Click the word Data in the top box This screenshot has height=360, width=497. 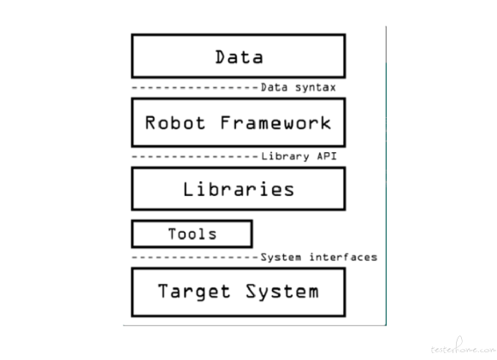click(239, 57)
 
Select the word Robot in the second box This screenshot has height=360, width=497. click(175, 123)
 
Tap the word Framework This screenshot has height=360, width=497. click(275, 123)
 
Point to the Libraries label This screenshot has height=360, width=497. click(239, 190)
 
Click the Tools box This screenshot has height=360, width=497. click(192, 234)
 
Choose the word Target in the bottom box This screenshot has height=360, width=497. click(194, 292)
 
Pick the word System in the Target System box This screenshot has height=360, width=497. click(282, 292)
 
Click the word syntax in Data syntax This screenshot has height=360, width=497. click(316, 87)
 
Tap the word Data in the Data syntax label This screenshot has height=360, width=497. click(275, 87)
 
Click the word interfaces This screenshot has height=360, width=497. click(344, 257)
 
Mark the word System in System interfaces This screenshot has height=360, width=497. click(281, 257)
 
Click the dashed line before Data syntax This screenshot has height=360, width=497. click(195, 87)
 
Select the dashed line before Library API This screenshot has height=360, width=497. click(195, 156)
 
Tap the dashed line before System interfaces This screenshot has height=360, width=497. click(195, 257)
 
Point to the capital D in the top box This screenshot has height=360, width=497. click(221, 57)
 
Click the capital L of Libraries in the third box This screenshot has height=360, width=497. click(188, 189)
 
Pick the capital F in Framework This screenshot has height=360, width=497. click(225, 123)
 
